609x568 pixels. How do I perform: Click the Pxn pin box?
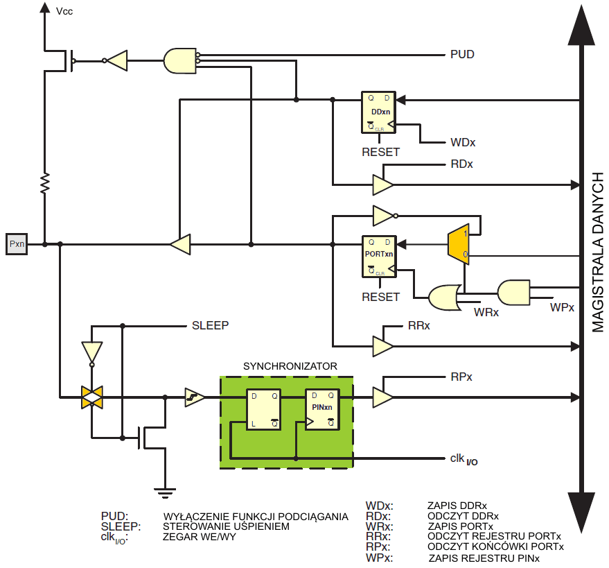[17, 244]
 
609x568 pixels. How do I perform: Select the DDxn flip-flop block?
[379, 112]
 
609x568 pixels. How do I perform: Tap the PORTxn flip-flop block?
[379, 257]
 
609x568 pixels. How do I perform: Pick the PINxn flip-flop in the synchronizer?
[322, 409]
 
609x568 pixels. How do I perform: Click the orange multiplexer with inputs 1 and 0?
[459, 244]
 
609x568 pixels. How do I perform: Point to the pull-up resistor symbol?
[45, 183]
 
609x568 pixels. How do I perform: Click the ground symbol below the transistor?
[165, 493]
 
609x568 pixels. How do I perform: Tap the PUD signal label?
[462, 54]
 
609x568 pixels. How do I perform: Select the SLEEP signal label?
[210, 325]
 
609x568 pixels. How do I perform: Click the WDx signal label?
[463, 142]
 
